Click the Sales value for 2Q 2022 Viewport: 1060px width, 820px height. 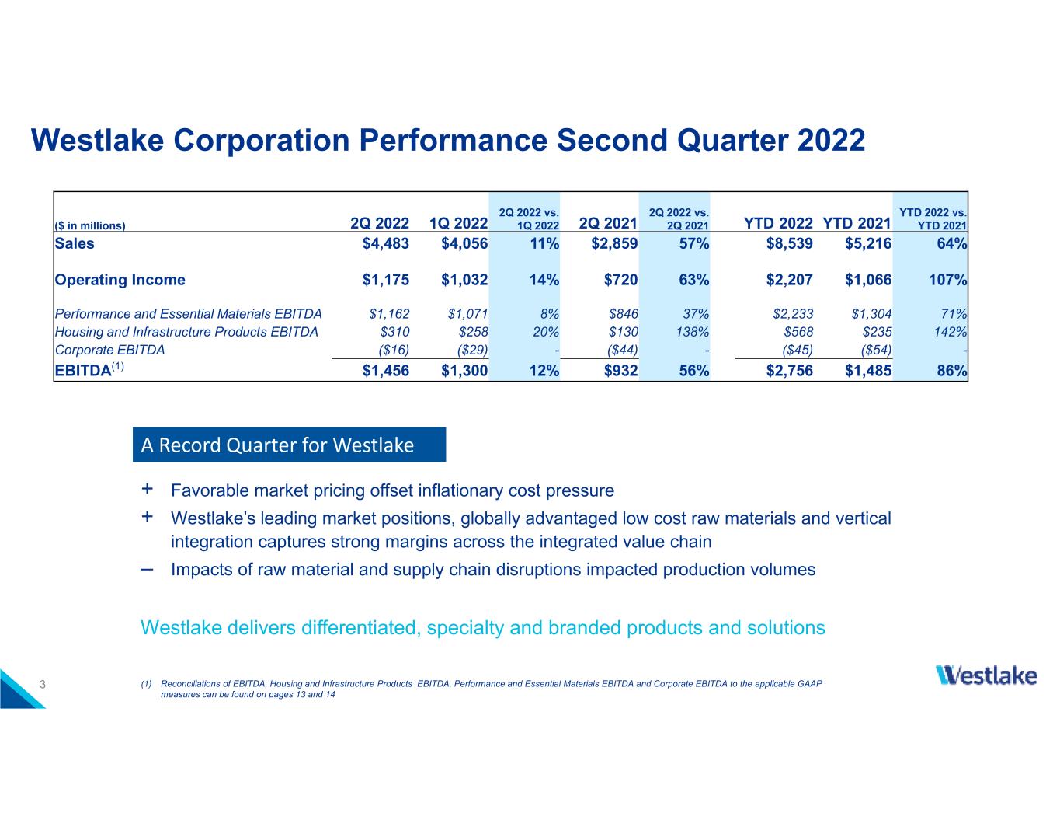point(385,243)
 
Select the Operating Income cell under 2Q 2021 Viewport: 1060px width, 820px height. point(620,280)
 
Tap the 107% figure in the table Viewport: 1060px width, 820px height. point(947,280)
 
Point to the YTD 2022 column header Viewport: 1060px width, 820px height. point(778,223)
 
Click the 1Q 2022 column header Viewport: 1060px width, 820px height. point(458,223)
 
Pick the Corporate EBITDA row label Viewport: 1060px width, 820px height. point(109,350)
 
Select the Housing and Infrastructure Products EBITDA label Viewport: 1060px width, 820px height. point(186,332)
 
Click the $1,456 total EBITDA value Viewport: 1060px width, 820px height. point(385,371)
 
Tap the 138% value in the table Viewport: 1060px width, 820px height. point(692,332)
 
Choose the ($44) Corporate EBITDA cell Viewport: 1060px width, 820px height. point(623,350)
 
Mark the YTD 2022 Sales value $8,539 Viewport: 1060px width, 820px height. point(789,243)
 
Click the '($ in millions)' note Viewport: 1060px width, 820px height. point(90,225)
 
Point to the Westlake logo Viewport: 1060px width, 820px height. point(986,675)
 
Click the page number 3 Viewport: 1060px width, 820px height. point(43,684)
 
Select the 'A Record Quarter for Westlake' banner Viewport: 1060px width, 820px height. point(290,445)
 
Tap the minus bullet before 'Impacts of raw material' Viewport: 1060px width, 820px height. point(147,570)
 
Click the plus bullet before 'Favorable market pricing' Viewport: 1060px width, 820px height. point(147,489)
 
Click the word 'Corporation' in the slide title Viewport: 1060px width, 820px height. point(262,141)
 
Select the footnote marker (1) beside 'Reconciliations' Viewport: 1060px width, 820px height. point(146,684)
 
